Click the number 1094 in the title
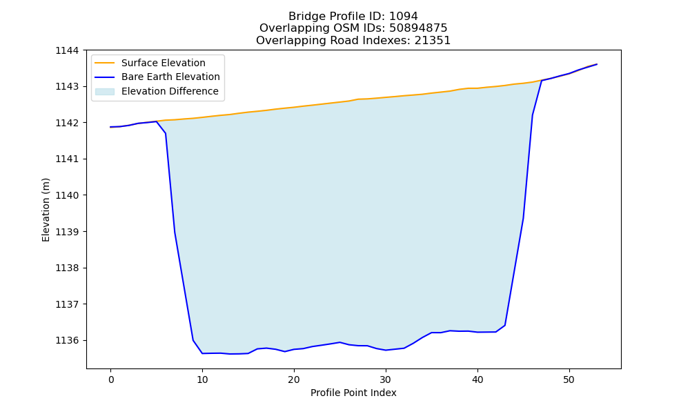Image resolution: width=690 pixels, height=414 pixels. coord(403,17)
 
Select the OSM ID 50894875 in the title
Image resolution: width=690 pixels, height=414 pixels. coord(418,28)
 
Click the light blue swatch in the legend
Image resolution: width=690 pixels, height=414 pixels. coord(105,92)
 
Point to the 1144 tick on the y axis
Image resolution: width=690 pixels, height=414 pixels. coord(67,50)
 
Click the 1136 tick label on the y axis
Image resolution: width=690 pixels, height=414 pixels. coord(67,341)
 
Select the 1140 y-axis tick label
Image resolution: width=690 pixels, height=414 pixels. coord(67,195)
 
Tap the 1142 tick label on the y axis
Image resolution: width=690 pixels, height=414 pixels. coord(67,123)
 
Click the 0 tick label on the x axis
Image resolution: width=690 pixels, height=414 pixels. coord(110,379)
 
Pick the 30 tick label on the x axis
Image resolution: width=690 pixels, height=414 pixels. coord(386,379)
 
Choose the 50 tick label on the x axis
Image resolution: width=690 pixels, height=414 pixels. coord(569,379)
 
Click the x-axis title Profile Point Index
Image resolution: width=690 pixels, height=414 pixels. coord(353,393)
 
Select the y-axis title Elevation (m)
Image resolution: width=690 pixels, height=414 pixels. coord(46,210)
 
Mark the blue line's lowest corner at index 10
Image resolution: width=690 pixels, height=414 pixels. coord(202,353)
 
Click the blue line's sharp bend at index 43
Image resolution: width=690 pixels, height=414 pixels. coord(505,326)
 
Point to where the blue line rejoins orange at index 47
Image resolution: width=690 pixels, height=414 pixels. coord(542,81)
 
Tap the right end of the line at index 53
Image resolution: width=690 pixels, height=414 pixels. coord(597,64)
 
